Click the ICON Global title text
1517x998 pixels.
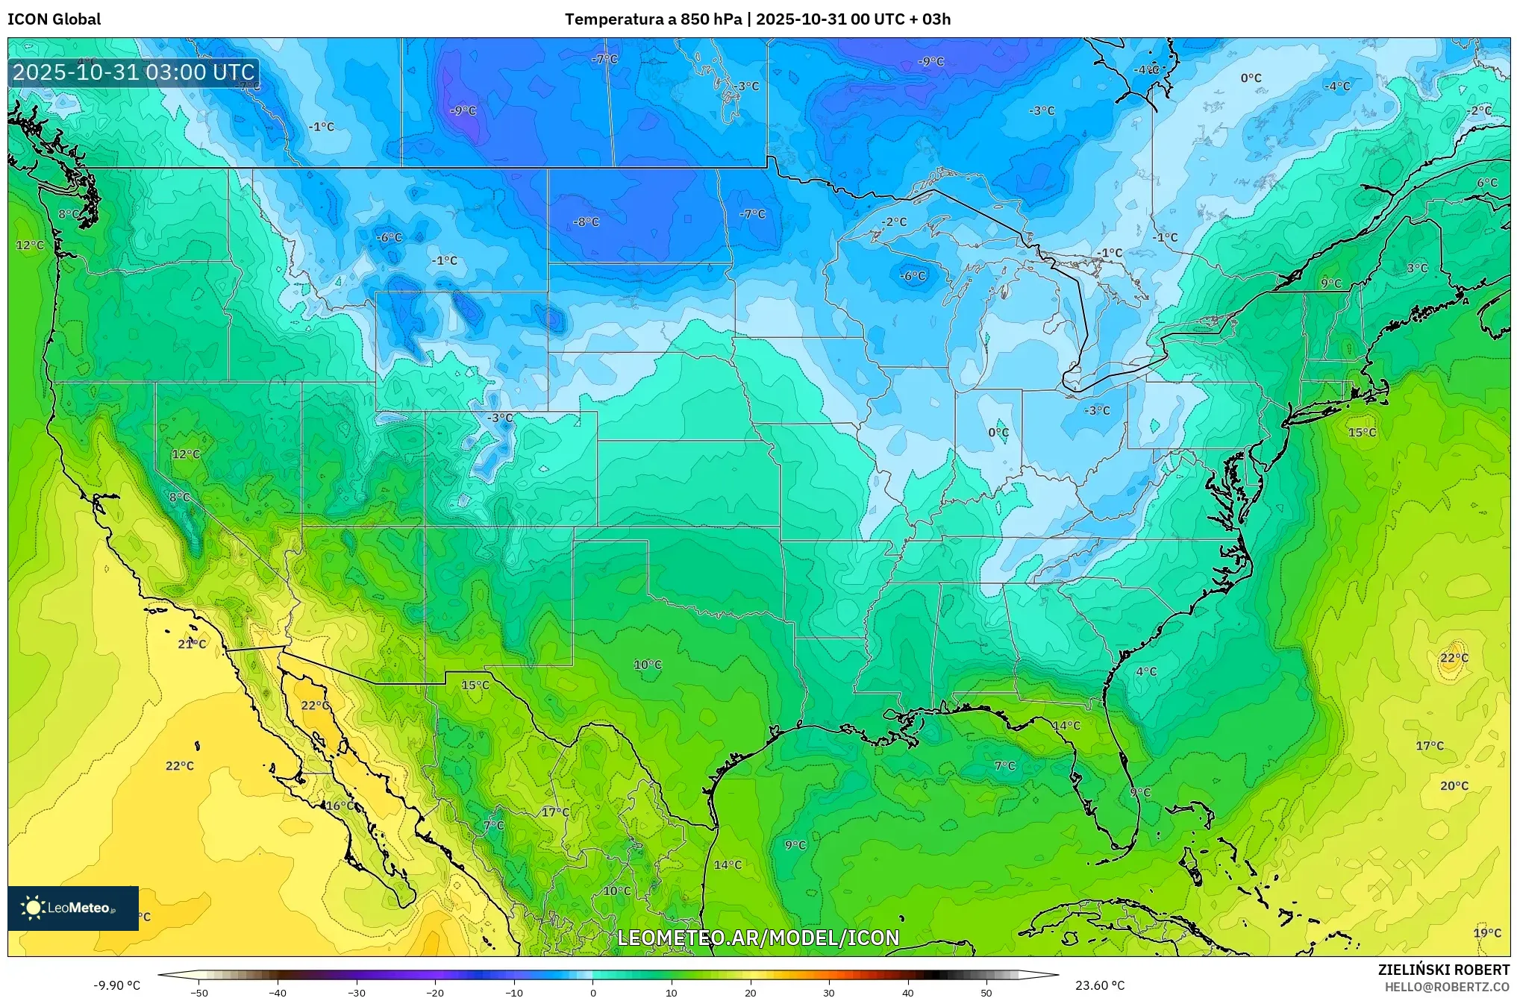54,19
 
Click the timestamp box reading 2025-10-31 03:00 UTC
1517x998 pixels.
134,72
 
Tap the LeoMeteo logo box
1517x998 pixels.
73,908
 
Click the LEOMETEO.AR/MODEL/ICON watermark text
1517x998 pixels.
758,938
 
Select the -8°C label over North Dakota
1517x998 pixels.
586,222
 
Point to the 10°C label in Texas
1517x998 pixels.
647,665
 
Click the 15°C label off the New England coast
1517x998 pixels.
1362,433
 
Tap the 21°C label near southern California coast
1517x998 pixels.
192,644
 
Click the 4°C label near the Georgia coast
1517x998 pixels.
1146,671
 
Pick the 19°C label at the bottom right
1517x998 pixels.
1487,933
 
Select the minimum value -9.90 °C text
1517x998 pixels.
116,985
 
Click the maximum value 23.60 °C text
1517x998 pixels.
1100,985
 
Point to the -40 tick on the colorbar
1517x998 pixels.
278,993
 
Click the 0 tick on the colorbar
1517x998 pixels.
593,993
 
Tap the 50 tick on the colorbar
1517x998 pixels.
986,993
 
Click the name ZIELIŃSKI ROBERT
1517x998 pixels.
1444,970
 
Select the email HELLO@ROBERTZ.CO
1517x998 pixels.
1447,987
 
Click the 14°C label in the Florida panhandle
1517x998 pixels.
1066,726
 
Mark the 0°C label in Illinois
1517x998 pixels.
998,433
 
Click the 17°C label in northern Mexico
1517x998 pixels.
555,812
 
